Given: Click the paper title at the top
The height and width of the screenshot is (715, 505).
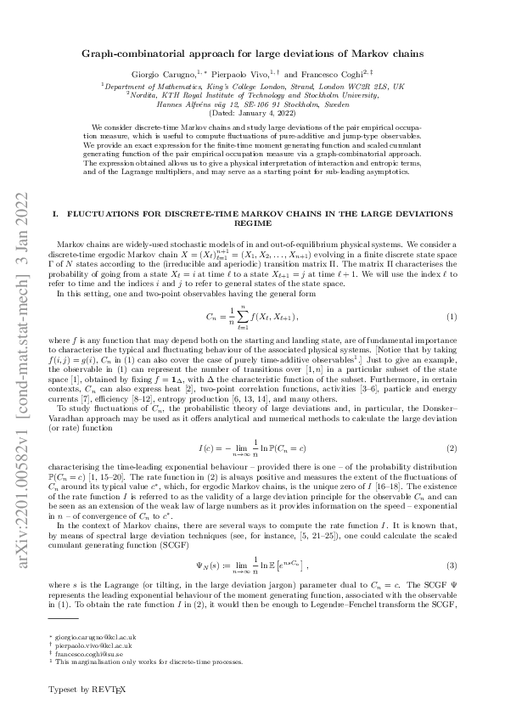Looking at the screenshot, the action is pos(252,53).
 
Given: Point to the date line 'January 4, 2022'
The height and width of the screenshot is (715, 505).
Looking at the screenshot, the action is pos(252,113).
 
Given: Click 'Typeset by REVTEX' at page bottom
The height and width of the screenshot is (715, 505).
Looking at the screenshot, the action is pos(87,690).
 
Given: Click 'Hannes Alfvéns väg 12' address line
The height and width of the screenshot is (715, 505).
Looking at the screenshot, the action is pos(252,104).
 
